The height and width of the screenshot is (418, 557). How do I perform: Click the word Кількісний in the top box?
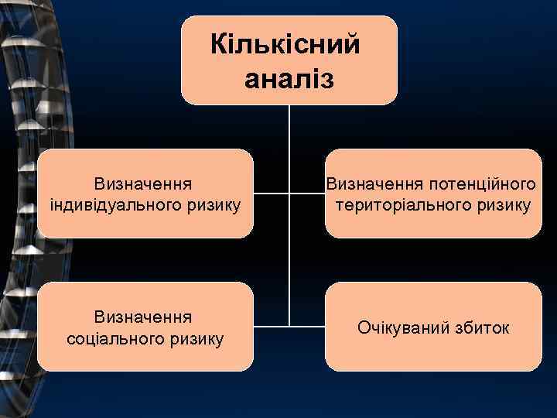285,46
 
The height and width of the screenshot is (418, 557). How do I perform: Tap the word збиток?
483,327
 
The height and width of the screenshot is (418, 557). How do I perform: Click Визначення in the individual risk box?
144,184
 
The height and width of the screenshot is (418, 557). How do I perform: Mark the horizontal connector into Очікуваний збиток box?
307,325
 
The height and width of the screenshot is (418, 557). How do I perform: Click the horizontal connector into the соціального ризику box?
271,325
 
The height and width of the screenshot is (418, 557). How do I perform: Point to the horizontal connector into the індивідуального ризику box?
271,193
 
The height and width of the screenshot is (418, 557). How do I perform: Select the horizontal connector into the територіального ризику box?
307,193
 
